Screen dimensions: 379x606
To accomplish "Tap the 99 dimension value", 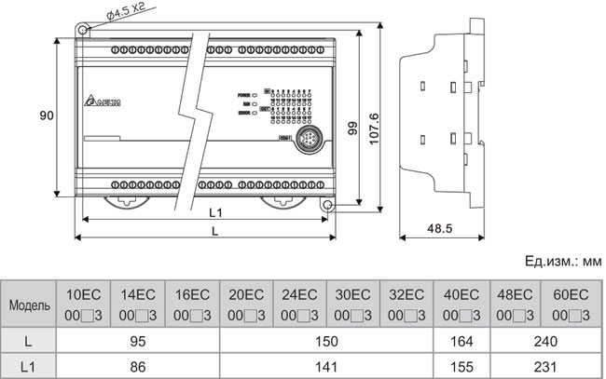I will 352,127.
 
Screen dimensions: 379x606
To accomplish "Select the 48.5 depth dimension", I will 440,228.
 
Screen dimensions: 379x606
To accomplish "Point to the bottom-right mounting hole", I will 327,204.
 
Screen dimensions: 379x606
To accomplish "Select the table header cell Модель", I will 29,305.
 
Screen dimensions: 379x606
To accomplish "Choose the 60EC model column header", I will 571,304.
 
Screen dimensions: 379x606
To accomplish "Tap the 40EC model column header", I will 461,304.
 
